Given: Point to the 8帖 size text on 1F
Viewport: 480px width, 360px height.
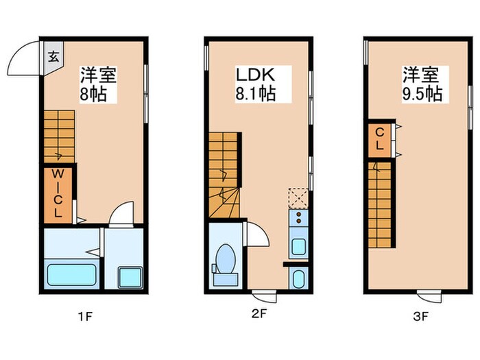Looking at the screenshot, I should pos(93,94).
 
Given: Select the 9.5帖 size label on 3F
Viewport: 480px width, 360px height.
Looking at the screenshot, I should pos(421,93).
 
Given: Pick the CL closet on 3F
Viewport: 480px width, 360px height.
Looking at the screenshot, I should pos(379,139).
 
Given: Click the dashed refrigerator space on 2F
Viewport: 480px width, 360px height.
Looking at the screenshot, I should pos(298,198).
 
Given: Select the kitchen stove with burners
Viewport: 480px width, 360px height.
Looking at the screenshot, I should pos(298,219).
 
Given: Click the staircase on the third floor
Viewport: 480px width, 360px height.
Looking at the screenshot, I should pos(382,207).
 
